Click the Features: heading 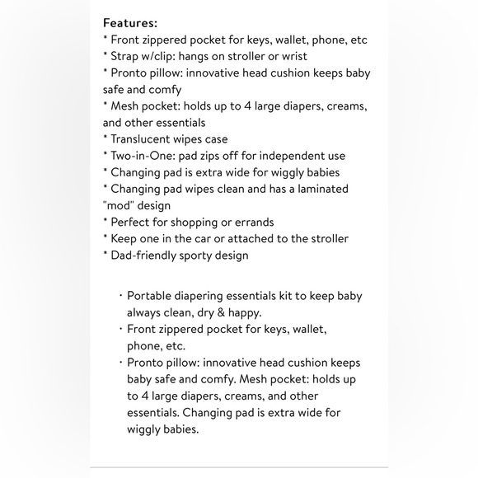coord(130,23)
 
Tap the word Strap coord(128,56)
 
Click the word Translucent coord(143,139)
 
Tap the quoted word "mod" coord(121,205)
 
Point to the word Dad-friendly coord(148,255)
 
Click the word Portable coord(151,297)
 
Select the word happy coord(246,313)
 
